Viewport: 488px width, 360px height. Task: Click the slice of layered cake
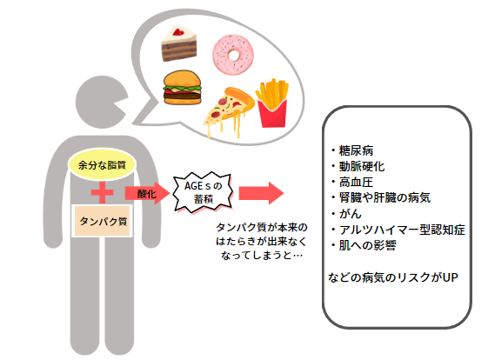(x=179, y=43)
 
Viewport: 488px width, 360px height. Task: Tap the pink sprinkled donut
(x=233, y=55)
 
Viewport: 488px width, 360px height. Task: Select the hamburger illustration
(x=182, y=87)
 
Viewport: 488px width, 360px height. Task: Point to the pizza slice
(x=229, y=111)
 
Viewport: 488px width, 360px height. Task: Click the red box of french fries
(x=272, y=103)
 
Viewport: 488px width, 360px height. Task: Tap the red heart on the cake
(x=178, y=31)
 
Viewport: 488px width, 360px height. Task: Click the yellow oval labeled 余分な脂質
(x=102, y=164)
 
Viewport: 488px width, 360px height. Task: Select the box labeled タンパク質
(x=103, y=221)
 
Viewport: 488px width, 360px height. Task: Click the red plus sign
(x=102, y=192)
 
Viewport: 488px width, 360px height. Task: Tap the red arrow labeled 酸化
(x=147, y=193)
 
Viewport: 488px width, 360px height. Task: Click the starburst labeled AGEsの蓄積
(x=203, y=192)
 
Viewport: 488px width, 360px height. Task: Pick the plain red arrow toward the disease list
(x=261, y=193)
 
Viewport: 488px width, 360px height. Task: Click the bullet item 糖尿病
(x=352, y=150)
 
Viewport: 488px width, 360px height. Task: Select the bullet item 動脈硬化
(x=358, y=166)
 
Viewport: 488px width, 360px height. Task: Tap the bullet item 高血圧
(x=352, y=183)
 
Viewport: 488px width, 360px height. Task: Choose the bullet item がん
(x=346, y=214)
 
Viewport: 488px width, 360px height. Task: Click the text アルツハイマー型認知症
(x=403, y=230)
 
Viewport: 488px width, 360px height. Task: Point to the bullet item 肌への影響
(x=364, y=245)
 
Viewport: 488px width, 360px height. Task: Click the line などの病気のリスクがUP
(x=393, y=277)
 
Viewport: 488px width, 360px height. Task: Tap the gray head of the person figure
(x=100, y=102)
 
